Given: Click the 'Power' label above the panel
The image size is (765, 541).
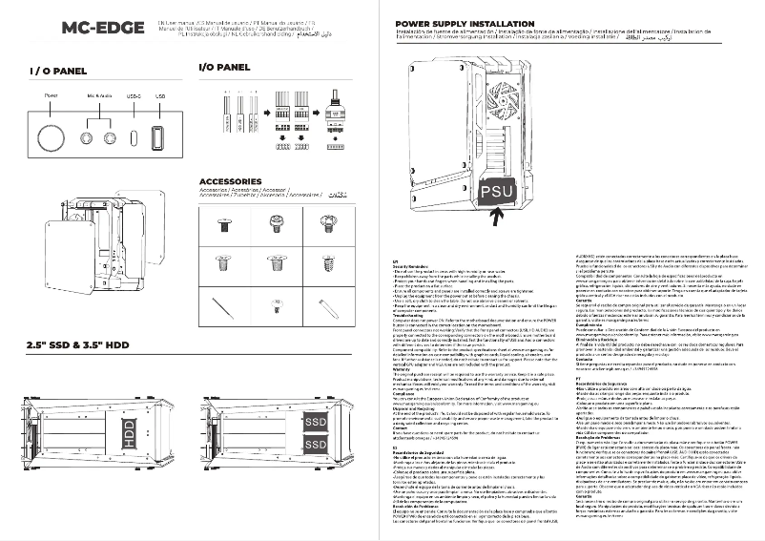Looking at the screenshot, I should click(x=51, y=96).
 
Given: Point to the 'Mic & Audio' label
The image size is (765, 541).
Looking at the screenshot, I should click(x=98, y=96).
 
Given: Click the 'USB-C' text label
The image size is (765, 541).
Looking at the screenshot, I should click(x=134, y=96).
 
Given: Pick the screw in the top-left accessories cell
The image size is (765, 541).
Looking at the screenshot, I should click(x=225, y=225).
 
